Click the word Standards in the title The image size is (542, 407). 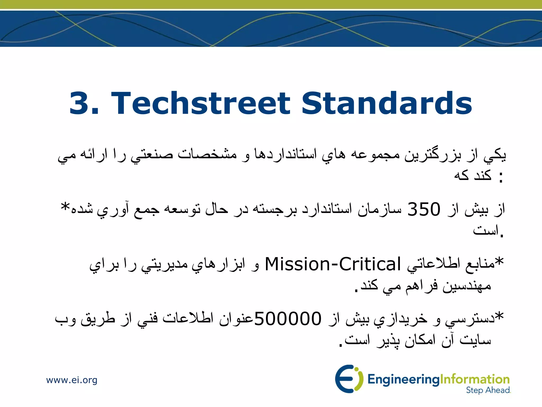pos(387,103)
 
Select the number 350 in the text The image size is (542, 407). pos(424,209)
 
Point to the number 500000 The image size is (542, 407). pos(288,318)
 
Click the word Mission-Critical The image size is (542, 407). pos(333,264)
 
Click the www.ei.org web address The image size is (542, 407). pos(72,380)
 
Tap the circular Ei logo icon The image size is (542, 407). pos(347,379)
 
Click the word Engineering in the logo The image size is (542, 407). pos(403,380)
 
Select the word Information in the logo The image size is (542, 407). pos(475,379)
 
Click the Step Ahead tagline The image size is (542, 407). pos(488,390)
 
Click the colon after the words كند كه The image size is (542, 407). pos(500,177)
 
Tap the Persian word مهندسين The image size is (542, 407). pos(467,286)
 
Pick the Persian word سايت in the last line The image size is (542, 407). pos(475,340)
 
